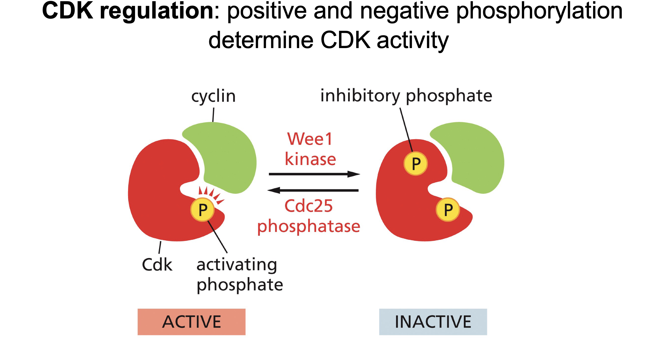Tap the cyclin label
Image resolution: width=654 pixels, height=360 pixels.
point(213,96)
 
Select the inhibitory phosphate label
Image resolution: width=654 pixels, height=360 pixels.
point(406,96)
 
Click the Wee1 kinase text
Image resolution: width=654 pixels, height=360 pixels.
point(310,149)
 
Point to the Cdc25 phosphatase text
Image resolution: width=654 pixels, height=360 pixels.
point(309,216)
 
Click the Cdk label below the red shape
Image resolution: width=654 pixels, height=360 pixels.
point(157,265)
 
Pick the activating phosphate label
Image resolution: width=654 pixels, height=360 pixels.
point(239,274)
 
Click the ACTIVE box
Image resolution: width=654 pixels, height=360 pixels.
point(191,322)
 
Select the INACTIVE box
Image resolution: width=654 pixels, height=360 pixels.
point(433,322)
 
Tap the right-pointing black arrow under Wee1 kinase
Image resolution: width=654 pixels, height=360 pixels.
point(314,174)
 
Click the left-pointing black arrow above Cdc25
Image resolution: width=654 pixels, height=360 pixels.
point(313,191)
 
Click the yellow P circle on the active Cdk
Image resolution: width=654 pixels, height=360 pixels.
point(202,210)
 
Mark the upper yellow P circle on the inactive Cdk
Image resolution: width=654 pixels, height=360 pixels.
point(415,164)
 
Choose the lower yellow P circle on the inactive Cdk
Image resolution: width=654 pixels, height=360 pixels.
point(447,210)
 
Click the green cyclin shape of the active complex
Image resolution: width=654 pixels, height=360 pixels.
point(227,155)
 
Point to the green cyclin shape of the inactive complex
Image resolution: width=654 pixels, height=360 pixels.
point(475,155)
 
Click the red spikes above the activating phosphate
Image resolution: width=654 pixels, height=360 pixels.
point(211,193)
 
